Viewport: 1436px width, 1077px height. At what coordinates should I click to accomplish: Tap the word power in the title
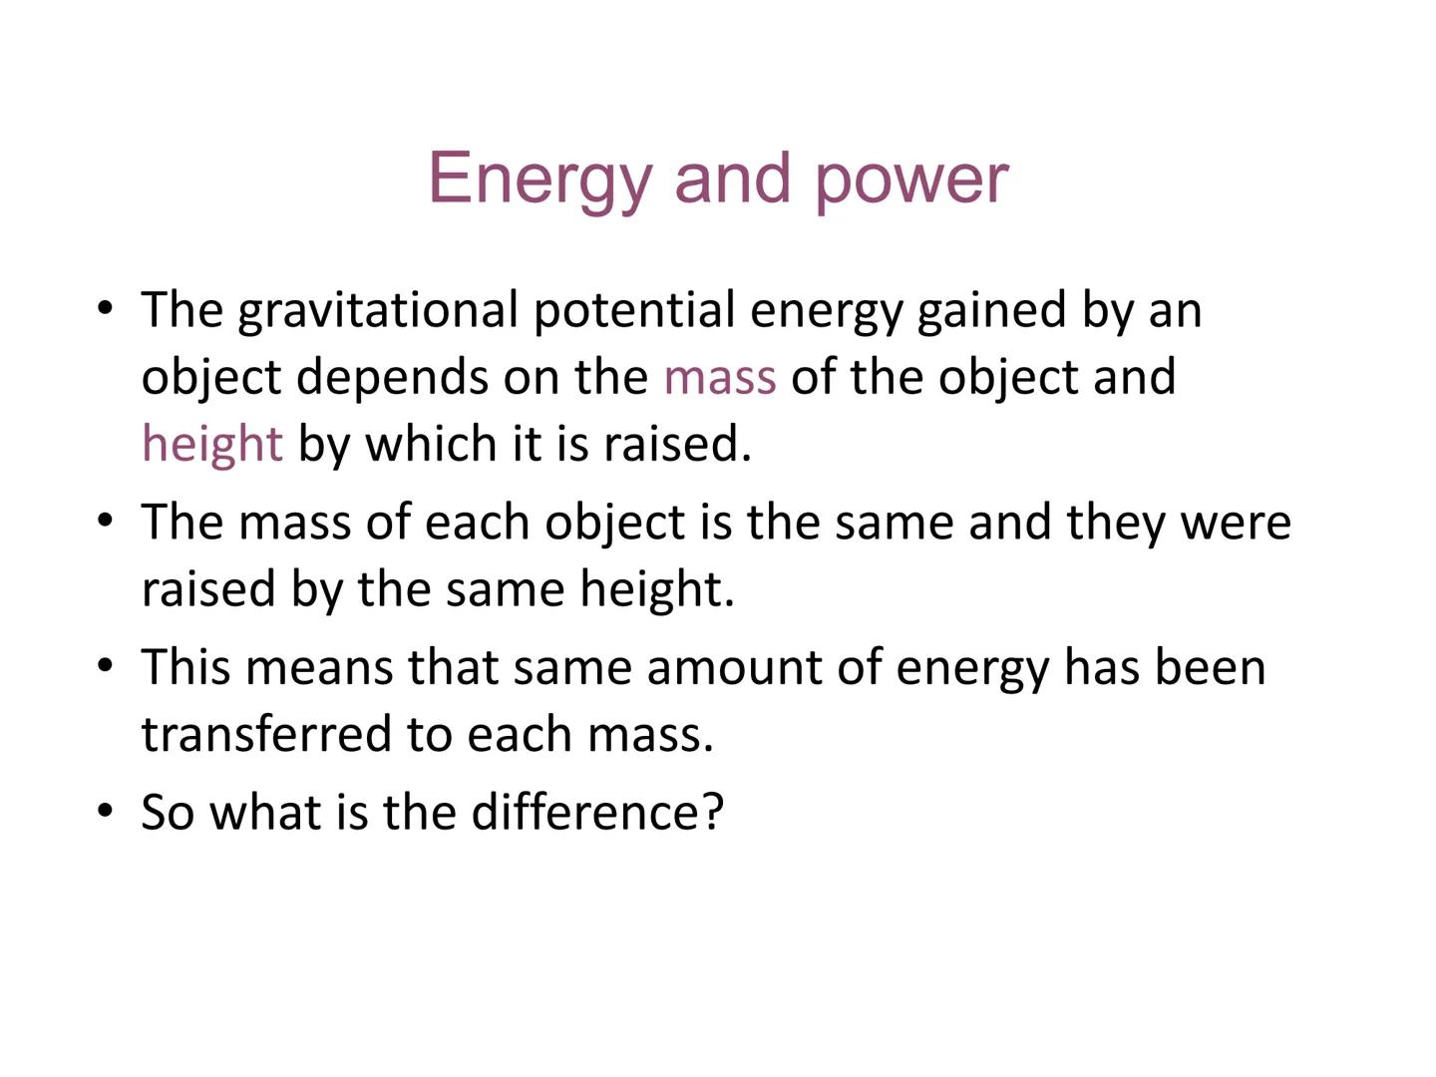tap(911, 179)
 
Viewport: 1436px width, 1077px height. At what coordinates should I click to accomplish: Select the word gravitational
tap(378, 310)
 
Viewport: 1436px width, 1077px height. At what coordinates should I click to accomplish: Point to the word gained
tap(991, 310)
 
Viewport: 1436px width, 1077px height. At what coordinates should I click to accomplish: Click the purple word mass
tap(720, 377)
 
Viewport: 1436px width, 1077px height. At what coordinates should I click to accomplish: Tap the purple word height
tap(212, 444)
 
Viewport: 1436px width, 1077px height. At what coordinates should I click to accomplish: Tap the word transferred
tap(266, 734)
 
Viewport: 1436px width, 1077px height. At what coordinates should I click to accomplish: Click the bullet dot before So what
tap(106, 810)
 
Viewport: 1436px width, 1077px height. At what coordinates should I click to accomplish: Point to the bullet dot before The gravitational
tap(106, 307)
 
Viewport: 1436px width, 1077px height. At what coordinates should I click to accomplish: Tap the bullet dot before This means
tap(106, 664)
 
